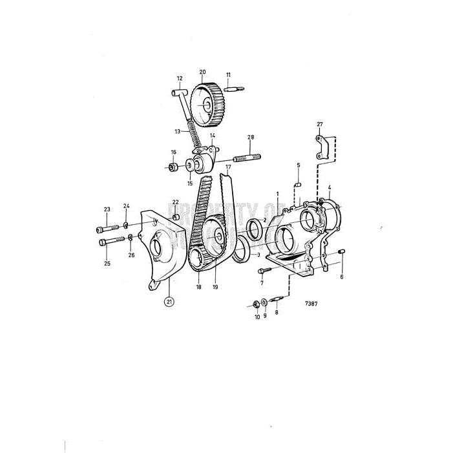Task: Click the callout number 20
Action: [202, 72]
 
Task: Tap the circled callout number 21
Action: [169, 302]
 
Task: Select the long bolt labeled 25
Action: [111, 243]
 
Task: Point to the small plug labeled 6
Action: [343, 252]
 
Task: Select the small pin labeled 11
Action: [234, 89]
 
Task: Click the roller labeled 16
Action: [173, 168]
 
